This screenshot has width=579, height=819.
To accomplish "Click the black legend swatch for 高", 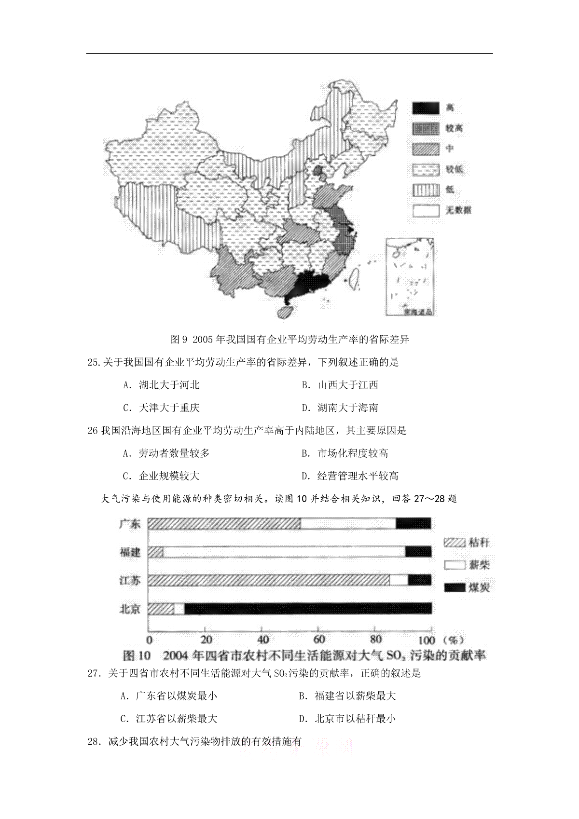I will tap(425, 108).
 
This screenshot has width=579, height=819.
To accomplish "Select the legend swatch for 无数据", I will tap(425, 210).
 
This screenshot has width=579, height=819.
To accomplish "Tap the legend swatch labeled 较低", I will tap(425, 170).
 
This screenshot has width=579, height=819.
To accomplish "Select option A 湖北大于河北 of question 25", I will tap(162, 385).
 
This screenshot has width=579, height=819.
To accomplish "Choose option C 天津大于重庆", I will tap(162, 408).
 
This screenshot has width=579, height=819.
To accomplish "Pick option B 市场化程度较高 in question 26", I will tap(345, 453).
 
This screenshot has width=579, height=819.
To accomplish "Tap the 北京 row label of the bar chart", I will tap(130, 609).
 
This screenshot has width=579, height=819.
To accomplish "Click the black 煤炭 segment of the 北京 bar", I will tap(308, 609).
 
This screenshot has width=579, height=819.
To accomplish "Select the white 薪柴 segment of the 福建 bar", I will tap(284, 552).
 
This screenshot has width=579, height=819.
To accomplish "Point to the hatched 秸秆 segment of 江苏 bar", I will tap(268, 580).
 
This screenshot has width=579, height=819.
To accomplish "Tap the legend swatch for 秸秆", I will tap(454, 543).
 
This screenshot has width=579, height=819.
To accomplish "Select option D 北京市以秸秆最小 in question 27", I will tap(347, 719).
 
